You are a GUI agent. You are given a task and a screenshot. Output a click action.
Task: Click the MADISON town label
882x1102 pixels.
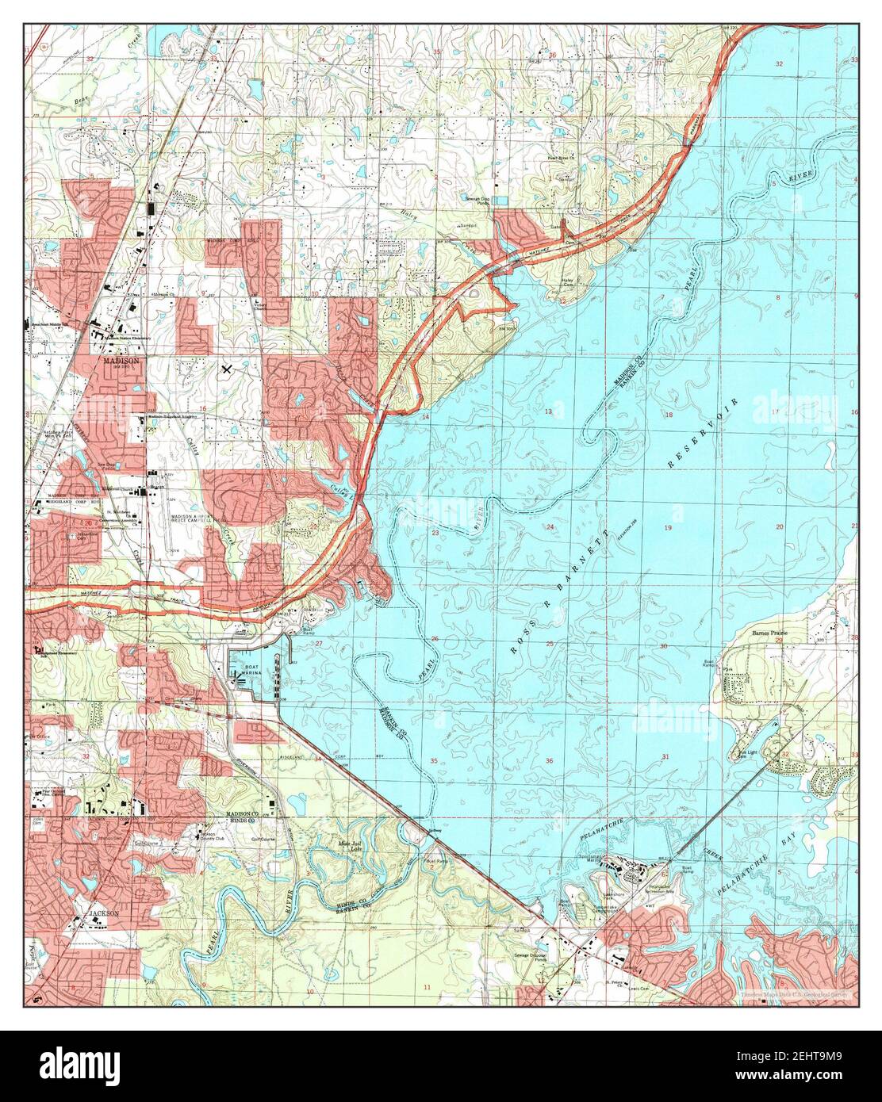click(x=121, y=360)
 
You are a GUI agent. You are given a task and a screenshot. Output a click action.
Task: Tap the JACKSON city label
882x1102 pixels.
click(x=103, y=913)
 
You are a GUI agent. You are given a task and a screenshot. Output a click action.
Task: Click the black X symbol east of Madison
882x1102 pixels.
click(x=228, y=369)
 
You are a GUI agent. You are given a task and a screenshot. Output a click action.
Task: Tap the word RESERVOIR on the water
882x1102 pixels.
click(x=703, y=433)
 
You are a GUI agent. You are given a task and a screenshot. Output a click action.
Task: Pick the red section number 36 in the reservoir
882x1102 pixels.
click(x=549, y=761)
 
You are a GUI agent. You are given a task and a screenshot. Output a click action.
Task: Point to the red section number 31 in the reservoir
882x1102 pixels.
click(x=665, y=757)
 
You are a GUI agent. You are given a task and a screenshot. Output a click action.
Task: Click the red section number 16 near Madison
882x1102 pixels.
click(x=203, y=408)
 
